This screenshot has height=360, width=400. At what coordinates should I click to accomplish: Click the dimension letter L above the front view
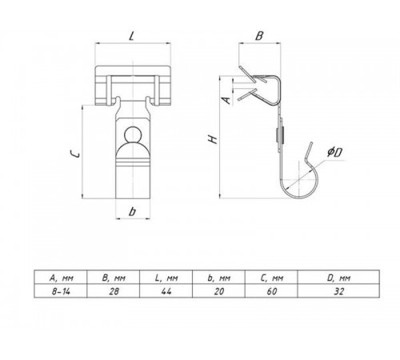[x=131, y=36]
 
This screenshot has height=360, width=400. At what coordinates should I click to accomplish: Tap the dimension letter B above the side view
[x=259, y=36]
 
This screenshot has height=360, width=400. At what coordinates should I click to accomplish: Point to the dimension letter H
[x=214, y=139]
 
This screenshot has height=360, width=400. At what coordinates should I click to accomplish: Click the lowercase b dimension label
[x=132, y=211]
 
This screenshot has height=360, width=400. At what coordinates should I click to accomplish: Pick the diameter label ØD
[x=335, y=153]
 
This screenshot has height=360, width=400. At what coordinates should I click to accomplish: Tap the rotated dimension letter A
[x=226, y=100]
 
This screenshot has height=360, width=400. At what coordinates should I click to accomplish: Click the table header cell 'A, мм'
[x=62, y=278]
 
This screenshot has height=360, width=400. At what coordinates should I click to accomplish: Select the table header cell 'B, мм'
[x=114, y=278]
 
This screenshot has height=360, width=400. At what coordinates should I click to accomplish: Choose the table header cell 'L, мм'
[x=166, y=278]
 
